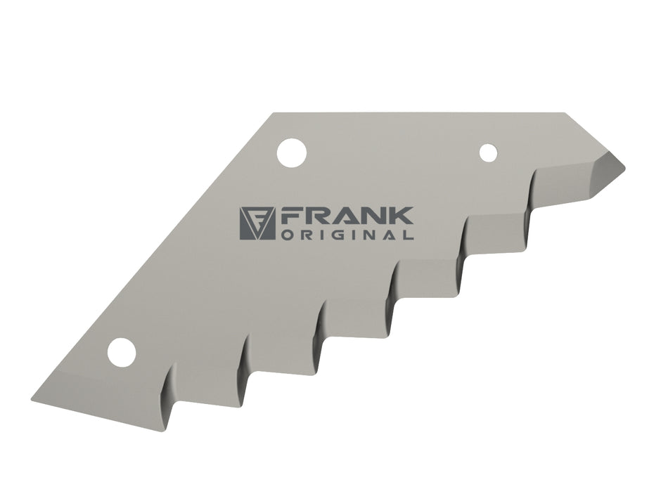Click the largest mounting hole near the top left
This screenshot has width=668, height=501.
coord(292,153)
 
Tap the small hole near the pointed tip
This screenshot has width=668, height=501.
coord(488,153)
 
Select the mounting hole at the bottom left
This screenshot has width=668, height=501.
coord(122,353)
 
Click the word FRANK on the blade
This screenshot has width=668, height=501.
coord(347,216)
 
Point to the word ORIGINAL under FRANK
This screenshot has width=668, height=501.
coord(347,235)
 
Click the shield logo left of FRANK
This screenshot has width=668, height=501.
coord(257,223)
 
